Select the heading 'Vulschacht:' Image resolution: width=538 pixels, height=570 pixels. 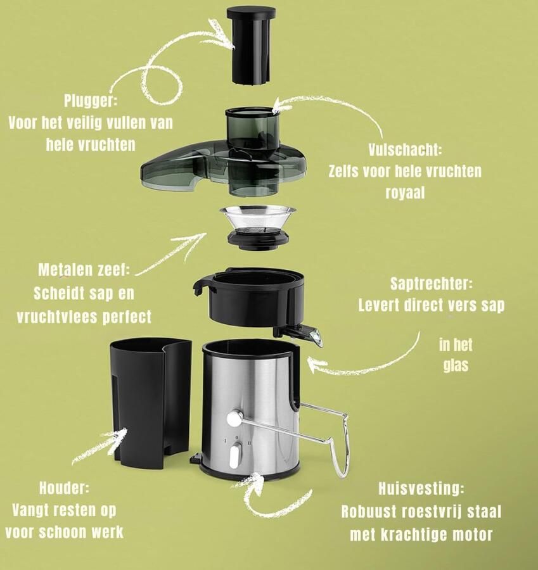(x=404, y=151)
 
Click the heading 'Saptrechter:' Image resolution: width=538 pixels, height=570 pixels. (x=431, y=284)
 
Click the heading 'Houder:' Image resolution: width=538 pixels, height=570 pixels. (x=64, y=488)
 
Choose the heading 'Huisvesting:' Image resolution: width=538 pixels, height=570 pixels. (x=421, y=489)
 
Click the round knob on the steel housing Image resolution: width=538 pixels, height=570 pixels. (x=234, y=419)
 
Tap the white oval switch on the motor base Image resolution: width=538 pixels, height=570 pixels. (x=234, y=455)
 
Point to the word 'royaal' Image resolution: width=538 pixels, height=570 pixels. (x=404, y=192)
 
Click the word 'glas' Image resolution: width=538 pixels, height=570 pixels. (x=455, y=365)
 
